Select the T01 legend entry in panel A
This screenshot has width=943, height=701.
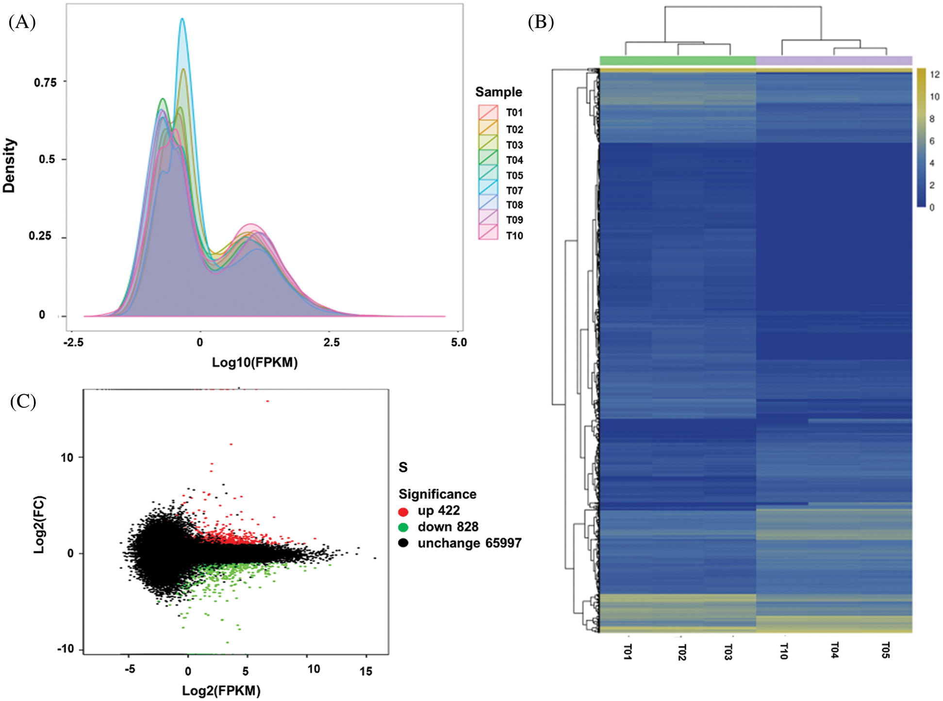pyautogui.click(x=514, y=113)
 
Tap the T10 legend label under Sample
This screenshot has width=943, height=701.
pyautogui.click(x=514, y=236)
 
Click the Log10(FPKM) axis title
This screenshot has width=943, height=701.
pyautogui.click(x=255, y=363)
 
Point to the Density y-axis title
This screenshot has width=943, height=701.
pyautogui.click(x=9, y=166)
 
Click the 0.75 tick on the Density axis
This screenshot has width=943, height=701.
pyautogui.click(x=45, y=83)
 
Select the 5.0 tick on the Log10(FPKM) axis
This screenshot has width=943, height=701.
pyautogui.click(x=459, y=343)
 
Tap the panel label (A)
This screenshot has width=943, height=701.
pyautogui.click(x=22, y=22)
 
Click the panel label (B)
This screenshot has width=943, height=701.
pyautogui.click(x=541, y=22)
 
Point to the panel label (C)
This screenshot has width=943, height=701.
pyautogui.click(x=23, y=401)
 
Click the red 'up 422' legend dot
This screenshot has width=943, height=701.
pyautogui.click(x=403, y=512)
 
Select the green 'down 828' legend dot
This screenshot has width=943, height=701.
pyautogui.click(x=403, y=528)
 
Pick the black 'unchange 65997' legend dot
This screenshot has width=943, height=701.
pyautogui.click(x=403, y=543)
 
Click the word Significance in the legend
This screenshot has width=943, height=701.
pyautogui.click(x=437, y=494)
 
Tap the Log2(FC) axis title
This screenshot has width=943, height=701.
pyautogui.click(x=39, y=525)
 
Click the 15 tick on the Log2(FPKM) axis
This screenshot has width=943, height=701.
pyautogui.click(x=366, y=671)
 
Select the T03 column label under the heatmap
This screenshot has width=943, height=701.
pyautogui.click(x=728, y=652)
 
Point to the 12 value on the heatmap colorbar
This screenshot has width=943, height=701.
pyautogui.click(x=935, y=75)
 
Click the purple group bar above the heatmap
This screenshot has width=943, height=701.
pyautogui.click(x=834, y=61)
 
